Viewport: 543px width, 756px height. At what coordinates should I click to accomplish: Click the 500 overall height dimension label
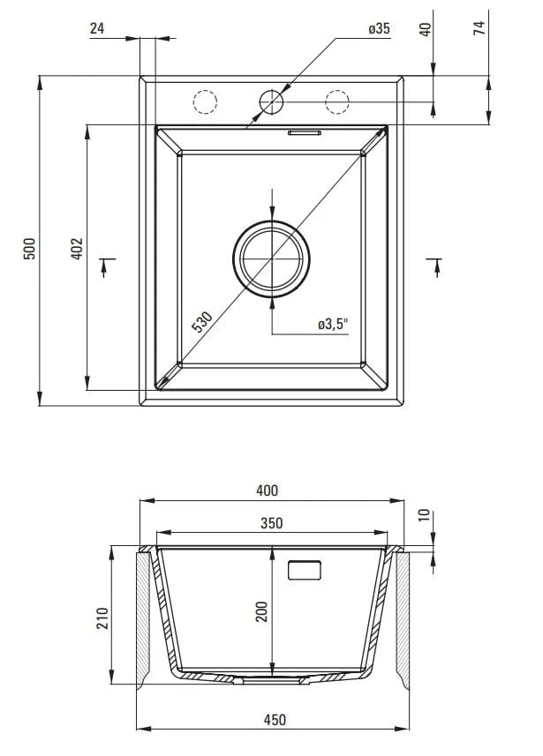pyautogui.click(x=29, y=248)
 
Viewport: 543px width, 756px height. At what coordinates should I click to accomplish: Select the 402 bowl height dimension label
pyautogui.click(x=77, y=248)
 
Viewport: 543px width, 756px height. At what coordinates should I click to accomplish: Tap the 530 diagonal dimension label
pyautogui.click(x=202, y=322)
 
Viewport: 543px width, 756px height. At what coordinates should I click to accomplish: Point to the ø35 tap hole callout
pyautogui.click(x=379, y=28)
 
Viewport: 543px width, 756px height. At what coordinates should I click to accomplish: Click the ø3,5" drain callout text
pyautogui.click(x=333, y=324)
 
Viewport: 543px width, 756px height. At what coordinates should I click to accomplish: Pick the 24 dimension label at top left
pyautogui.click(x=97, y=28)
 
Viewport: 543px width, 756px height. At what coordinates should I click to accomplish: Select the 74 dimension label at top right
pyautogui.click(x=479, y=28)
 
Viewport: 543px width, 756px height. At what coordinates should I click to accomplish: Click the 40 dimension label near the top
pyautogui.click(x=426, y=29)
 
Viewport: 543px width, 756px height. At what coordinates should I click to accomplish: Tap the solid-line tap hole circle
pyautogui.click(x=271, y=101)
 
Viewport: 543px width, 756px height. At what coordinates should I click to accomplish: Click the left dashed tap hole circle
pyautogui.click(x=205, y=101)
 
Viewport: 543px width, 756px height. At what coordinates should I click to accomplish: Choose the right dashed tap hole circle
pyautogui.click(x=337, y=101)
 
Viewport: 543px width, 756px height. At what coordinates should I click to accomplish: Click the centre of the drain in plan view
pyautogui.click(x=271, y=259)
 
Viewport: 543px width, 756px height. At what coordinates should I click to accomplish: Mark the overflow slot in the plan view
pyautogui.click(x=305, y=132)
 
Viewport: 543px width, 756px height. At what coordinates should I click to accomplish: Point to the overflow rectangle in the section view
pyautogui.click(x=305, y=569)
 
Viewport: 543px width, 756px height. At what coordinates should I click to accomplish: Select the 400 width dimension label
pyautogui.click(x=267, y=490)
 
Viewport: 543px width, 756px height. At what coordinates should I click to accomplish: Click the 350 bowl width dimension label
pyautogui.click(x=271, y=522)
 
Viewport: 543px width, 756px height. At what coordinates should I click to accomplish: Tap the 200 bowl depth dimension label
pyautogui.click(x=261, y=611)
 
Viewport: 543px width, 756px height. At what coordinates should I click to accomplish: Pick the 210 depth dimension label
pyautogui.click(x=102, y=618)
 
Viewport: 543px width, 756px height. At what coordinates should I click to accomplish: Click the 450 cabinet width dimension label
pyautogui.click(x=275, y=719)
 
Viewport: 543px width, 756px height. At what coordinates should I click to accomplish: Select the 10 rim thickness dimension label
pyautogui.click(x=424, y=515)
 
